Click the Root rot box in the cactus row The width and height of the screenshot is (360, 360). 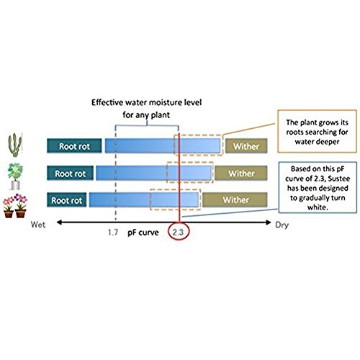(x=74, y=145)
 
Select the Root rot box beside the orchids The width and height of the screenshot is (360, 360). (x=67, y=199)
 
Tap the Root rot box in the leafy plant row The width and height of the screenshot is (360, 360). (x=70, y=173)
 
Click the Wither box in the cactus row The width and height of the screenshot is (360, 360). (x=246, y=145)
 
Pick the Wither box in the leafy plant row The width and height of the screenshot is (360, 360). (x=241, y=173)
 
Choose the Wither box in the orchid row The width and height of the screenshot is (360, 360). (x=235, y=199)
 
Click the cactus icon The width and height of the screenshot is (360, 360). (x=15, y=145)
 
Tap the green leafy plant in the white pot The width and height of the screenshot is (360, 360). (x=15, y=176)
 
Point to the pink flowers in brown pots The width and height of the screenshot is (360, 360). (x=15, y=206)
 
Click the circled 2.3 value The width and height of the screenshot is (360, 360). (x=178, y=232)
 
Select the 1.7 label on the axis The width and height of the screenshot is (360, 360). (x=113, y=233)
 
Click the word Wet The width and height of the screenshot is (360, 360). (x=38, y=225)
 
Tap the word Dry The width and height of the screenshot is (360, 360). (x=282, y=225)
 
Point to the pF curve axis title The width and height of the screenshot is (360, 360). (x=143, y=233)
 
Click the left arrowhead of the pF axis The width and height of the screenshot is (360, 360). (x=59, y=222)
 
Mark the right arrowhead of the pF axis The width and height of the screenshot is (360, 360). (x=269, y=222)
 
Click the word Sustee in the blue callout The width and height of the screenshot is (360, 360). (x=338, y=179)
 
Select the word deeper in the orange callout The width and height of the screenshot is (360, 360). (x=328, y=142)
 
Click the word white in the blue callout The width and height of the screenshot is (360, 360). (x=318, y=207)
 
